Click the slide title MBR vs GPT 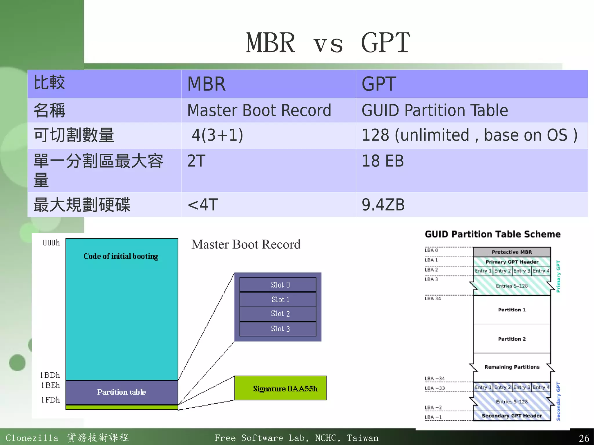328,43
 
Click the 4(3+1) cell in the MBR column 218,135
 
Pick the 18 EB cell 383,161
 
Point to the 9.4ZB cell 383,205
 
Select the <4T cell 203,205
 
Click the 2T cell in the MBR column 196,161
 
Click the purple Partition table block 122,392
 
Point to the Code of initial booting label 121,256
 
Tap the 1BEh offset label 50,385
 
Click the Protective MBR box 512,252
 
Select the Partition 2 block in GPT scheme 512,339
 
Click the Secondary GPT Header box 512,416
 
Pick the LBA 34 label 432,299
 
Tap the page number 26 584,438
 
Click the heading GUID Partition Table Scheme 492,234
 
